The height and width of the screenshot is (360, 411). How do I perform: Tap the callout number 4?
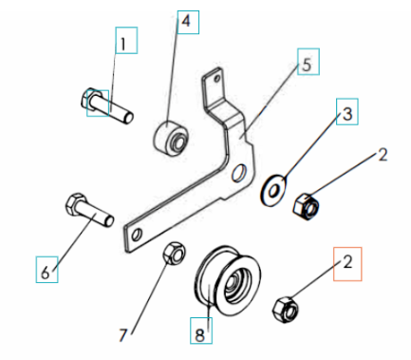(186, 21)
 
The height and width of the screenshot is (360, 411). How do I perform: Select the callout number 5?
(307, 65)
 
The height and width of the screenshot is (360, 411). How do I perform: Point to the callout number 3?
(347, 114)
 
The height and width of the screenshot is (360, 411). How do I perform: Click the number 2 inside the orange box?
(347, 262)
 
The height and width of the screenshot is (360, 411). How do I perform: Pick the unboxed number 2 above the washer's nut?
(383, 155)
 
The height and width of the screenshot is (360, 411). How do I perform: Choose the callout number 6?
(46, 273)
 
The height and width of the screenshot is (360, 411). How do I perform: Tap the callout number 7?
(123, 335)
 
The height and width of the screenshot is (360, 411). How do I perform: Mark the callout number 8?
(200, 335)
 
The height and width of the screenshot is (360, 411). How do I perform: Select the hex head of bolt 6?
(74, 203)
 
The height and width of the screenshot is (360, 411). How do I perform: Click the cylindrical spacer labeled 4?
(171, 138)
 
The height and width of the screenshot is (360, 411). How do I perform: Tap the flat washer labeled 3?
(273, 190)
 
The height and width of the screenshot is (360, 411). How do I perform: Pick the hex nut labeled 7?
(175, 253)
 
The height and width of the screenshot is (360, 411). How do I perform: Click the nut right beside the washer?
(307, 207)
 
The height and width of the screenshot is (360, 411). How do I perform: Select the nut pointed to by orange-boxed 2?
(286, 310)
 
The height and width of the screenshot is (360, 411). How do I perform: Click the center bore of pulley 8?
(234, 283)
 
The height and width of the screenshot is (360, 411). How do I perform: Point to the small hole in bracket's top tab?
(217, 78)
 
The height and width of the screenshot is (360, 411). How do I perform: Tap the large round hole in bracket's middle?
(238, 173)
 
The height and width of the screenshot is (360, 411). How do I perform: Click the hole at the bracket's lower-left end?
(137, 236)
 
